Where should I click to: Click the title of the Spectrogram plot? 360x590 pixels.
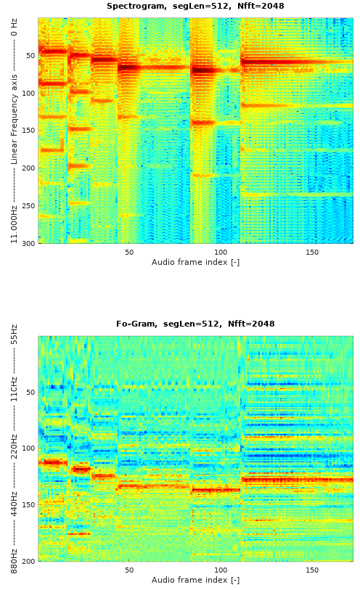[195, 7]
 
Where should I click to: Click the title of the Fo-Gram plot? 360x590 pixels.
[195, 324]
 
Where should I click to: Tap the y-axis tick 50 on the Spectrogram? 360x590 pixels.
[30, 56]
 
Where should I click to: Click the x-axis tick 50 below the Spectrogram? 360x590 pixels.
[129, 252]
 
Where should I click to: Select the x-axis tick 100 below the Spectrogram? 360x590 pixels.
[221, 252]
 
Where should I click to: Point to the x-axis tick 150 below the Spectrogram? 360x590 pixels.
[312, 252]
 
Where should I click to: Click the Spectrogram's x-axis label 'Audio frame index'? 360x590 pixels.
[195, 262]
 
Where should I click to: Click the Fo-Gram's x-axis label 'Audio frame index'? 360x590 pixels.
[195, 580]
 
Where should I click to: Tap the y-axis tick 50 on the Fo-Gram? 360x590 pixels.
[30, 392]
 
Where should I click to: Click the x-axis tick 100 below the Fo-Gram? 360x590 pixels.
[221, 570]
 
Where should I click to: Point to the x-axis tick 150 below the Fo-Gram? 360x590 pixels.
[312, 570]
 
